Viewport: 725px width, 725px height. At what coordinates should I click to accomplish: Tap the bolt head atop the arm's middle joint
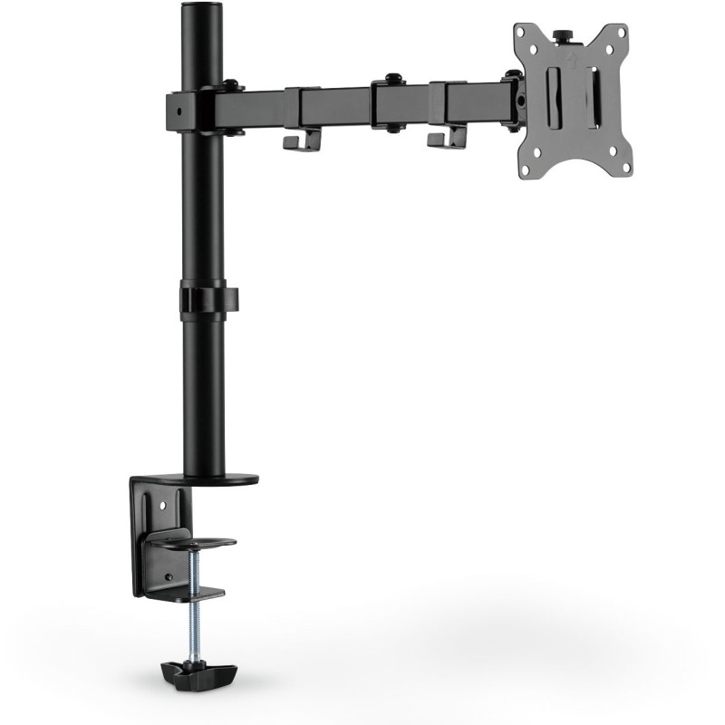coord(392,78)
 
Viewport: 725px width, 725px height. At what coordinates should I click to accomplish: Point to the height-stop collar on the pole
coord(208,300)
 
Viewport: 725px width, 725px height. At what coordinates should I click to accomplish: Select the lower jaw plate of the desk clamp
coord(186,593)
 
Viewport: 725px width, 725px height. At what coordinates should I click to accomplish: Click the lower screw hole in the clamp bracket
coord(166,576)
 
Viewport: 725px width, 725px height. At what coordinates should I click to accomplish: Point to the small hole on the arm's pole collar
coord(179,111)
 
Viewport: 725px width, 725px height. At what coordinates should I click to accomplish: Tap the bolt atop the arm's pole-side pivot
coord(232,86)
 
